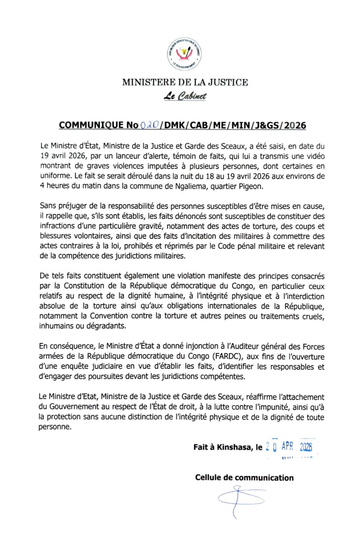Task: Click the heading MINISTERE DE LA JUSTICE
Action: pos(185,82)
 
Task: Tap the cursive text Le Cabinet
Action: pos(185,97)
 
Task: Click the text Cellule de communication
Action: pos(244,478)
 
